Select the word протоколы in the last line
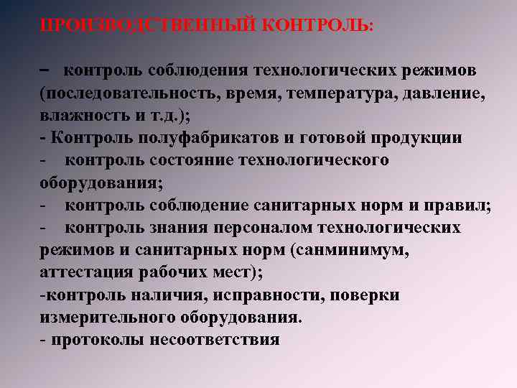tap(96, 340)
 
